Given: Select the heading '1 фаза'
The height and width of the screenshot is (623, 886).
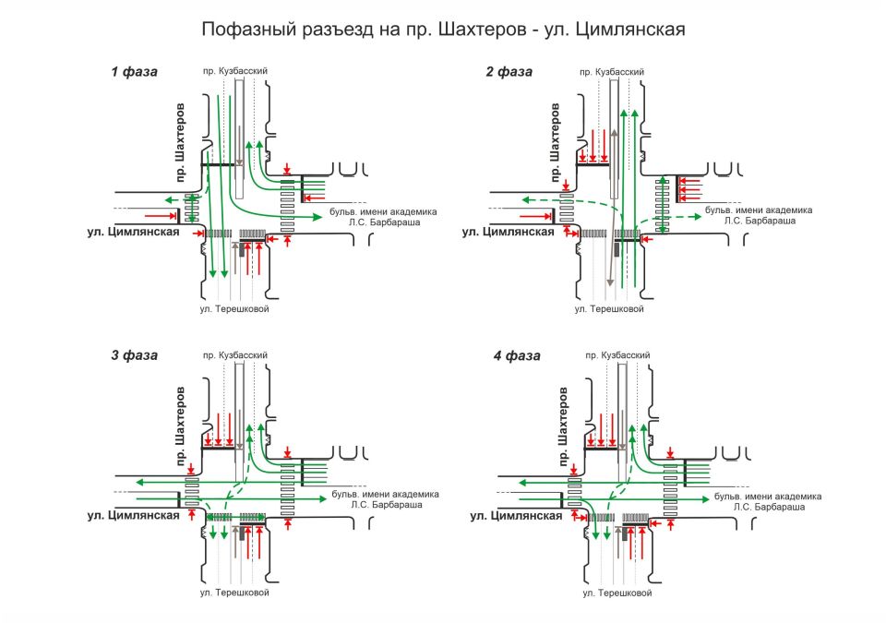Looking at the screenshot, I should pos(135,71).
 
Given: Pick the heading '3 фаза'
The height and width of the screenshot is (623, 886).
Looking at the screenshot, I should pos(135,354).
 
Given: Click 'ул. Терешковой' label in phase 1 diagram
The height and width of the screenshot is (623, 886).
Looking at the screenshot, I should pos(233,309).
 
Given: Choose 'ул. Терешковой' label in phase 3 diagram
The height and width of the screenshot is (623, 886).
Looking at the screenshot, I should pos(233,592).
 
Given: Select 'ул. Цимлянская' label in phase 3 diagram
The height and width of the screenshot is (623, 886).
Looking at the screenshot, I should pos(134,515).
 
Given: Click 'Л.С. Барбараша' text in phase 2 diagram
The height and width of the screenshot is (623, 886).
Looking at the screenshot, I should pos(757,222).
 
